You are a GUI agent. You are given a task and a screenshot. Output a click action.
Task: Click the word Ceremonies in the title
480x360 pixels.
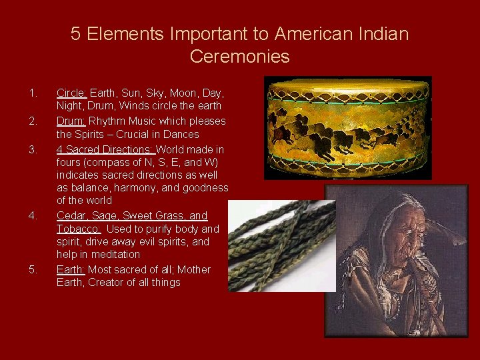coord(239,57)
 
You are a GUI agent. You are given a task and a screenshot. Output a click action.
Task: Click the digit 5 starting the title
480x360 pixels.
coord(76,34)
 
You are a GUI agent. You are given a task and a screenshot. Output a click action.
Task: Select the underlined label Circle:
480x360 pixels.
coord(72,93)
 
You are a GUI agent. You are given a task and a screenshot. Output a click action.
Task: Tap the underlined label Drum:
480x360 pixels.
coord(71,121)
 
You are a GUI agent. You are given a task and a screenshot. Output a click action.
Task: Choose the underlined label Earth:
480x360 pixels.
coord(71,270)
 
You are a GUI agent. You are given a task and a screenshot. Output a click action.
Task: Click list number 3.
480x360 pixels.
coord(33,149)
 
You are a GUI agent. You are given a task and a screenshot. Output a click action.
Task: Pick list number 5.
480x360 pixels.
coord(33,270)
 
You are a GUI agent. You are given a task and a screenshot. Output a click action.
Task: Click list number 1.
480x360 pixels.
coord(33,93)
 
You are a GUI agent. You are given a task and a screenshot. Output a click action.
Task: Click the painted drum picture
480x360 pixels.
coord(347,127)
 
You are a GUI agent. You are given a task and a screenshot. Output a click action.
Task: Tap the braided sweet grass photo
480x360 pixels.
coord(280,247)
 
